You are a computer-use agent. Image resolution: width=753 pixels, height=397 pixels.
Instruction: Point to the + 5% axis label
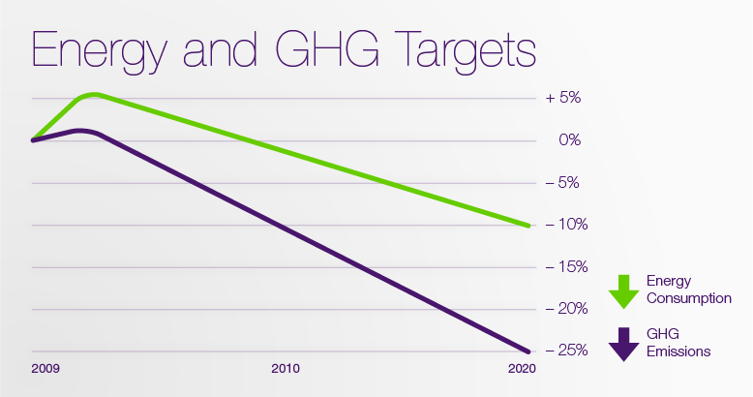coord(563,99)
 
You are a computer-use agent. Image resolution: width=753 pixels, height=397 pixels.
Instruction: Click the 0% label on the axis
coord(569,140)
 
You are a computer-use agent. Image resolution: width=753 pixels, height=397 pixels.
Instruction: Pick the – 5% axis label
coord(563,183)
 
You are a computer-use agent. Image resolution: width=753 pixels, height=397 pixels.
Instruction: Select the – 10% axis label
coord(563,225)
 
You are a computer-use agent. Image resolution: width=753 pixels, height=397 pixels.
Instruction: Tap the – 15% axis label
coord(563,267)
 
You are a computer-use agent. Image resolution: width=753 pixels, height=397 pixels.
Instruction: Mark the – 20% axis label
coord(563,309)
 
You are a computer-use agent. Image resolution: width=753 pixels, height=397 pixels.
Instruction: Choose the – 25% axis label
coord(563,351)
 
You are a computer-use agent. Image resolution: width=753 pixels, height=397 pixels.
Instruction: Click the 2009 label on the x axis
coord(45,369)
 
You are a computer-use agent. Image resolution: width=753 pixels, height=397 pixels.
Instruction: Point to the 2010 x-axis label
coord(285,369)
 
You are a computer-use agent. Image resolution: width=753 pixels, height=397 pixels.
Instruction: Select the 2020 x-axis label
coord(520,369)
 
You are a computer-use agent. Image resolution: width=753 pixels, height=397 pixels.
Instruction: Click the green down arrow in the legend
coord(623,291)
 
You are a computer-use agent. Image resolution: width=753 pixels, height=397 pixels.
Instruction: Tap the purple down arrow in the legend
coord(623,344)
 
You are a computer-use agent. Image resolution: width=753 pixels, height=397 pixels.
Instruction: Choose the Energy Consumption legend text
coord(688,290)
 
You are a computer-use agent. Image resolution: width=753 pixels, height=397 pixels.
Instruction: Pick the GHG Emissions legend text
coord(678,343)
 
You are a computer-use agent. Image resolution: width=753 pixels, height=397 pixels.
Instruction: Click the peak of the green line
coord(93,95)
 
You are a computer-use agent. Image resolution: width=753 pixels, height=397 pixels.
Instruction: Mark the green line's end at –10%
coord(528,225)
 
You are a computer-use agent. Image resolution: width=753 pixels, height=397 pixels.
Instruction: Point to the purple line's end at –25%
coord(528,351)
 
